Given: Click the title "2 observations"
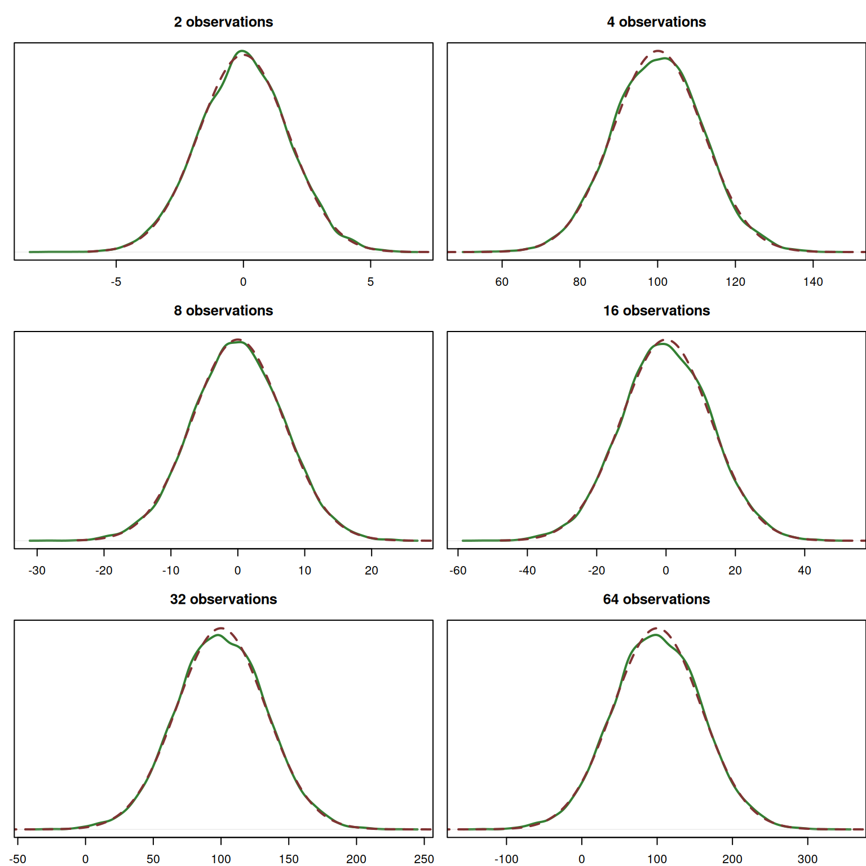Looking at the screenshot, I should coord(223,22).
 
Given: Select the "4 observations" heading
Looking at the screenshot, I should coord(656,22).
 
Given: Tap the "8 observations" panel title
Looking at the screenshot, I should coord(223,311).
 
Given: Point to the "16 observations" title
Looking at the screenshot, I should coord(656,311).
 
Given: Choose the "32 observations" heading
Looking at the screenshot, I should coord(223,599).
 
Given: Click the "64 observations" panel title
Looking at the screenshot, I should coord(656,599).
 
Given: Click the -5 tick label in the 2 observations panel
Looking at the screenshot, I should coord(116,282).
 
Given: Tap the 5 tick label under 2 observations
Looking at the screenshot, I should coord(370,282).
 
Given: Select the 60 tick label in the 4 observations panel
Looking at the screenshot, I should coord(502,282).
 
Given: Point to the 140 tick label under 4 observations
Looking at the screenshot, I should coord(813,282).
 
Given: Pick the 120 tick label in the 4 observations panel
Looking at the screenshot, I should coord(735,282).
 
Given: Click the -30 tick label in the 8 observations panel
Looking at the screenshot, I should coord(37,571).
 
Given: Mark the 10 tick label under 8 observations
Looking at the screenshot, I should coord(304,571).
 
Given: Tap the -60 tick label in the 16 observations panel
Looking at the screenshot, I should coord(458,571).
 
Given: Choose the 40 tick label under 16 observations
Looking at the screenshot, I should coord(805,571).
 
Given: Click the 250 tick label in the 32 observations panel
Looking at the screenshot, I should coord(424,859).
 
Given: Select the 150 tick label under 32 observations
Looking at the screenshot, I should coord(289,859).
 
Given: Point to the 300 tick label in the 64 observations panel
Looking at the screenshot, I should coord(807,859).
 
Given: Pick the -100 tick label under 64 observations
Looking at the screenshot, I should coord(506,859).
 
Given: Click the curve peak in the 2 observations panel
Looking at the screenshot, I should coord(242,51).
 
